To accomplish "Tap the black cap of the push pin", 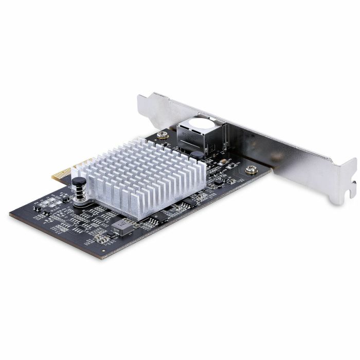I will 79,182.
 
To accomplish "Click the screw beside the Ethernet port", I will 163,135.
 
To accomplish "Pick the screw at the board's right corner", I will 251,169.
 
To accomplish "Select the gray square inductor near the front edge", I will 121,227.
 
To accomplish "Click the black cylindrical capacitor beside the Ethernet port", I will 197,154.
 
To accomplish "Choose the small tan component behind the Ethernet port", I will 223,161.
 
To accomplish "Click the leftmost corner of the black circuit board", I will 10,213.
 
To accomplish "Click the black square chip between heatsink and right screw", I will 219,182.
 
